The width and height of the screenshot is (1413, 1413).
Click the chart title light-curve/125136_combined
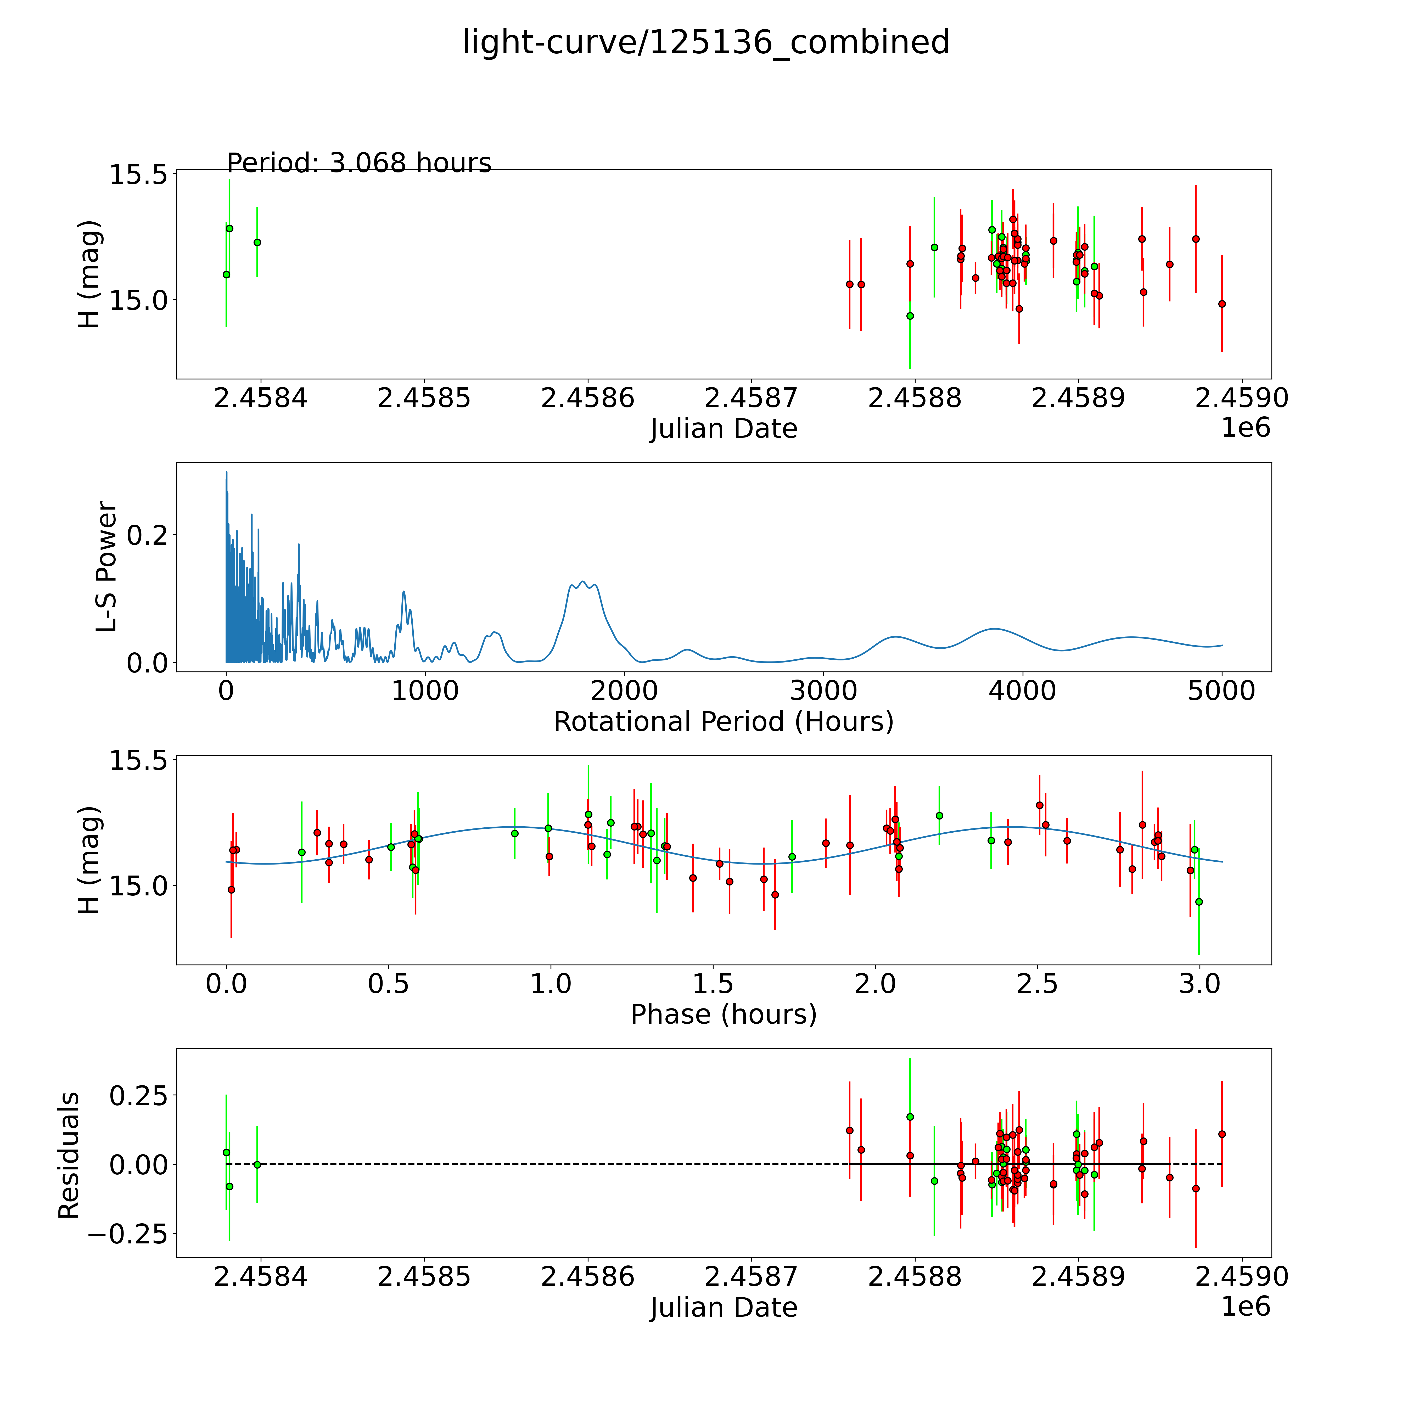[706, 42]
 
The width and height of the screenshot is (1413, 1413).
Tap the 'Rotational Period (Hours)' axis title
[723, 722]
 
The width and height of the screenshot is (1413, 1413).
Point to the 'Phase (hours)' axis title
[723, 1014]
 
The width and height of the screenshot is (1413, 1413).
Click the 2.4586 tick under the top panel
[587, 399]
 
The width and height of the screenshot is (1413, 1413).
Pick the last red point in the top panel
[1221, 304]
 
